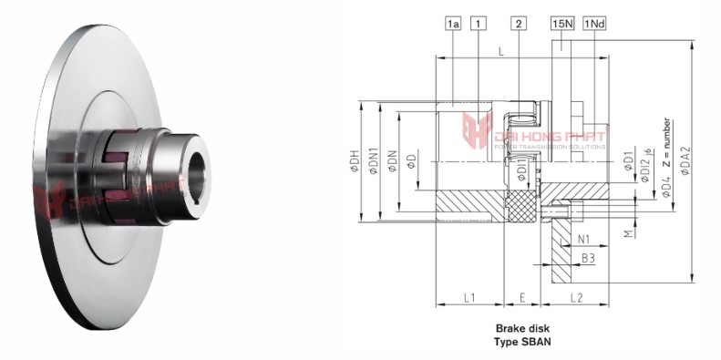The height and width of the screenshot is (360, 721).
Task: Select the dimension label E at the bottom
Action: pos(522,298)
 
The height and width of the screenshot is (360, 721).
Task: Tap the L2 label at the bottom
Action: pos(576,298)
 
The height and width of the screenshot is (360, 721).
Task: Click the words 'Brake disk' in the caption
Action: pos(522,327)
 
